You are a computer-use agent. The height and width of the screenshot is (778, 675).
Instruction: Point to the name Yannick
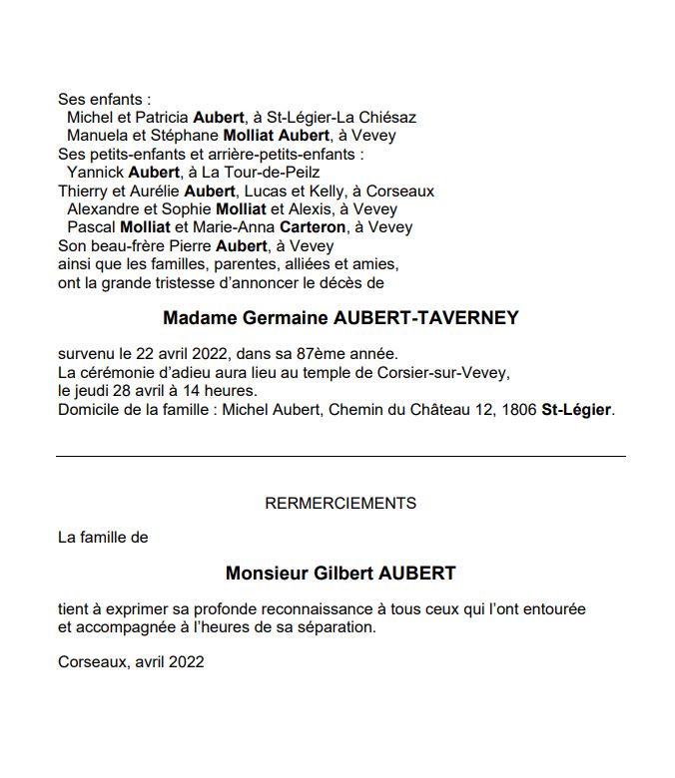point(95,173)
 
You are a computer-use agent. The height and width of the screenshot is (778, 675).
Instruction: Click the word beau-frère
point(126,245)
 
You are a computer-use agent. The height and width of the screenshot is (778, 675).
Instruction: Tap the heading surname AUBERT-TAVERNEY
point(430,319)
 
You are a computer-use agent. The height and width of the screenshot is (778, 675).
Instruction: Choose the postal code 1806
point(518,410)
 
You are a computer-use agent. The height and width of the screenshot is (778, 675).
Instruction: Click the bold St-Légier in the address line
point(576,410)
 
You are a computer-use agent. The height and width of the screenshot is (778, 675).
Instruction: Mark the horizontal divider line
point(340,457)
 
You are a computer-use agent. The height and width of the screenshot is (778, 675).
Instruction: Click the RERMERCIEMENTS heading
point(340,504)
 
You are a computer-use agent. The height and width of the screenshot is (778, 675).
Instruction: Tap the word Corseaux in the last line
point(92,661)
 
